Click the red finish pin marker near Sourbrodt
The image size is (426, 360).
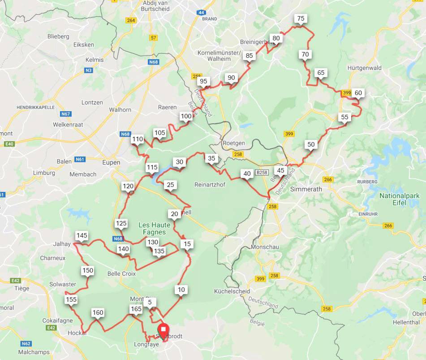[163, 330]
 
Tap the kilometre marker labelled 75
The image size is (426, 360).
[301, 18]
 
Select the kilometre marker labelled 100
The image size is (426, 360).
[186, 116]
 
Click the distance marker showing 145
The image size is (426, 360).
[82, 235]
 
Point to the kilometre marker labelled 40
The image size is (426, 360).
[247, 173]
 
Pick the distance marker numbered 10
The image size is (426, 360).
[181, 290]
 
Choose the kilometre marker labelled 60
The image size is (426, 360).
[358, 93]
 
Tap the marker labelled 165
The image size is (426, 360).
[136, 309]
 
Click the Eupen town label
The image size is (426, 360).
[111, 162]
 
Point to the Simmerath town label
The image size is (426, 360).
[306, 189]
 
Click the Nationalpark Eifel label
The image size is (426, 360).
[399, 200]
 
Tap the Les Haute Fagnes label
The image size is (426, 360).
[152, 228]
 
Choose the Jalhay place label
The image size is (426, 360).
[62, 244]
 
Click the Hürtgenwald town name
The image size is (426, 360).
[364, 68]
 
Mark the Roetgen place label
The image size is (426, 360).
[234, 143]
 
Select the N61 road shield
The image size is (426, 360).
[80, 159]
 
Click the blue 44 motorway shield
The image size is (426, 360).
[201, 13]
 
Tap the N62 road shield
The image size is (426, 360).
[26, 344]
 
